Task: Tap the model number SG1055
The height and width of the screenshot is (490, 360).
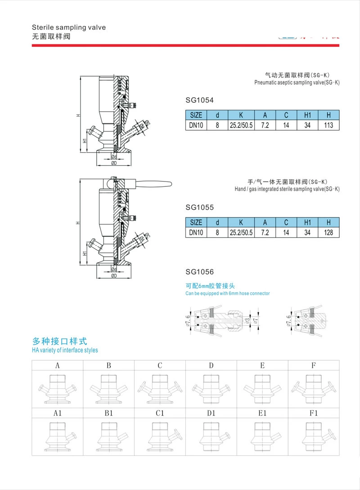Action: tap(199, 208)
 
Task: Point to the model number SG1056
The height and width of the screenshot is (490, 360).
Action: tap(199, 272)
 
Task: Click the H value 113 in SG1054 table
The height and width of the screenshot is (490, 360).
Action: tap(328, 125)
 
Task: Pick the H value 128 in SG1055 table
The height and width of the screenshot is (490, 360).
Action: tap(328, 233)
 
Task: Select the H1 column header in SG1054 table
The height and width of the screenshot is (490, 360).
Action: tap(307, 114)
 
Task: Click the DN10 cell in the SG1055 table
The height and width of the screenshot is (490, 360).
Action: tap(196, 233)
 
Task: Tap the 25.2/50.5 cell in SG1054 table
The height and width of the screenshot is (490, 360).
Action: tap(241, 125)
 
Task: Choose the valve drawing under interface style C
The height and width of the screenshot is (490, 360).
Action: tap(160, 387)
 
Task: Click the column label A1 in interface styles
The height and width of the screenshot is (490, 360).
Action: tap(58, 412)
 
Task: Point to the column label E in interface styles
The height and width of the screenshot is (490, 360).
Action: tap(262, 366)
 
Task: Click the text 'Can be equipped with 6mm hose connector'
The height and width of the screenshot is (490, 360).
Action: tap(227, 293)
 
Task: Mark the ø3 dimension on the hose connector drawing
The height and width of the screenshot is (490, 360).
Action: tap(247, 320)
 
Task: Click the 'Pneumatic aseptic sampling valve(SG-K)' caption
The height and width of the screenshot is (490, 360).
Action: tap(297, 83)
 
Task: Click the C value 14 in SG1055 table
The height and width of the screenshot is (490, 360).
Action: tap(286, 233)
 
